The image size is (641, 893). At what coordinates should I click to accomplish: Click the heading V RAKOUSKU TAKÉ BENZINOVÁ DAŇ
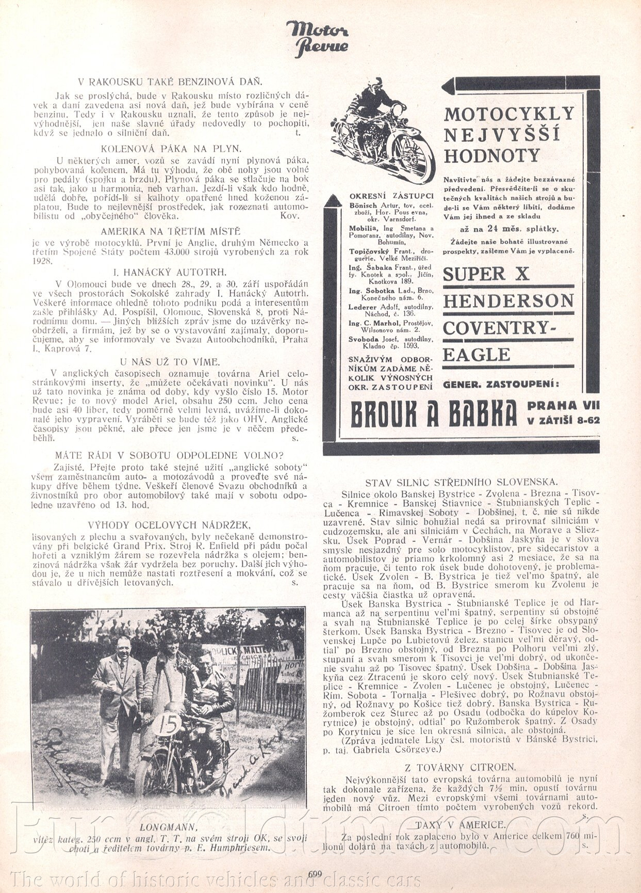[x=170, y=82]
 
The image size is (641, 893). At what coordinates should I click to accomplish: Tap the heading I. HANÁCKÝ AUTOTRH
[x=170, y=272]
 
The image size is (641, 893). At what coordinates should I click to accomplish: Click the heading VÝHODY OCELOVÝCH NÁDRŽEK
[x=170, y=525]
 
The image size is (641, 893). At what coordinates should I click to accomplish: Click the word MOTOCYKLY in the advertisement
[x=508, y=114]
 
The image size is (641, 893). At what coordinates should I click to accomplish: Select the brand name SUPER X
[x=486, y=274]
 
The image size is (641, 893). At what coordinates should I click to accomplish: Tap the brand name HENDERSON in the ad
[x=508, y=301]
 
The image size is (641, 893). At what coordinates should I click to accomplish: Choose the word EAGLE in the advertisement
[x=476, y=355]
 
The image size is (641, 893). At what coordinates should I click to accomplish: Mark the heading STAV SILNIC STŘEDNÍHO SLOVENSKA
[x=461, y=482]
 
